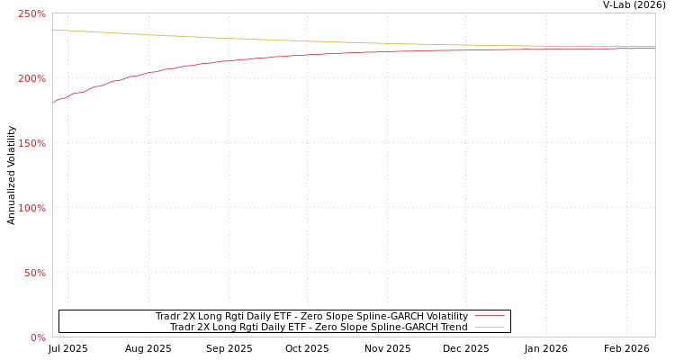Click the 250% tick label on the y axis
[31, 13]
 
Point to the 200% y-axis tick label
[31, 78]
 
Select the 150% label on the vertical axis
[31, 143]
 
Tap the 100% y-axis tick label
[31, 208]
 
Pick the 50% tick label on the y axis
[34, 273]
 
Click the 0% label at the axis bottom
[38, 337]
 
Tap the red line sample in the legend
[489, 316]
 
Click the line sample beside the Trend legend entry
[489, 327]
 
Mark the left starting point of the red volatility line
[53, 102]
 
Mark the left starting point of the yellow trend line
[53, 30]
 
